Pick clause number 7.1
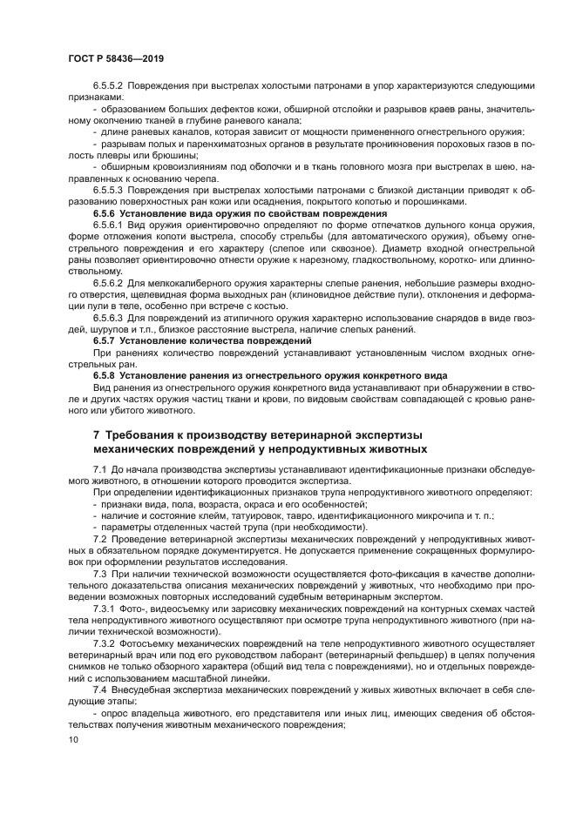pyautogui.click(x=100, y=469)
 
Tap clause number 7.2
pyautogui.click(x=100, y=541)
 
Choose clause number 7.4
pyautogui.click(x=100, y=704)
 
